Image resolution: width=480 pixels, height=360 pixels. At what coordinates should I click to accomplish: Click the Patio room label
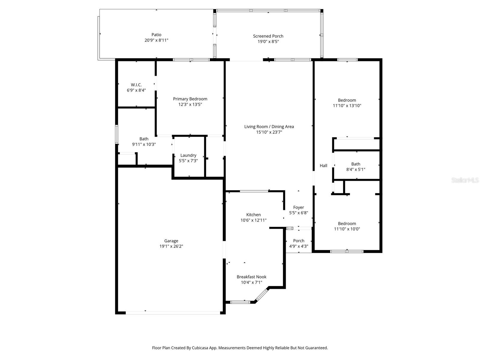[156, 35]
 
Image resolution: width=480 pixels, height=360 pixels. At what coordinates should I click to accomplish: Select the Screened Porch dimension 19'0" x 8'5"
[268, 42]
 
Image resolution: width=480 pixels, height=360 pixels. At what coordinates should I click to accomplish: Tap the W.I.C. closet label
[136, 85]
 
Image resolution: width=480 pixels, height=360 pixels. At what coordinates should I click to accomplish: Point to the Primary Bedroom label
[190, 99]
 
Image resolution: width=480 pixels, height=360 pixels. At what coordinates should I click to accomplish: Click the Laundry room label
[188, 155]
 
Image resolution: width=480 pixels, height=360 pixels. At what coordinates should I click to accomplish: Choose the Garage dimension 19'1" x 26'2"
[171, 246]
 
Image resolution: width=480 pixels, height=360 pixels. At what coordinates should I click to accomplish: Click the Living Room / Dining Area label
[269, 127]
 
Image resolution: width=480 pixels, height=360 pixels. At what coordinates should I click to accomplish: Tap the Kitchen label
[253, 215]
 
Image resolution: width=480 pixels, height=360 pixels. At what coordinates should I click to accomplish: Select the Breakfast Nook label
[251, 277]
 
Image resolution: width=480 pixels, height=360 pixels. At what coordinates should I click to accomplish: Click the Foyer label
[298, 208]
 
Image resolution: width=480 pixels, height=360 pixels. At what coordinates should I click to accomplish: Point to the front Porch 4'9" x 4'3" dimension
[298, 246]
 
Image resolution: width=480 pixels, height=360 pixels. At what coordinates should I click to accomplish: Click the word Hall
[323, 166]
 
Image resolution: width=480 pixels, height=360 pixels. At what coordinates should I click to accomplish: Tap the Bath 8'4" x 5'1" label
[355, 164]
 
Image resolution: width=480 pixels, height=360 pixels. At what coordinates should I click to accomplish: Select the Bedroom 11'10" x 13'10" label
[347, 100]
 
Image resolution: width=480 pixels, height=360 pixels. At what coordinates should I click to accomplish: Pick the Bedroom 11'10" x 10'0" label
[347, 223]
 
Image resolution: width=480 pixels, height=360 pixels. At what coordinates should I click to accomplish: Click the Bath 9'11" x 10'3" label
[144, 139]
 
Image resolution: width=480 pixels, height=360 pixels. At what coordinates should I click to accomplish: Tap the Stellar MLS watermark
[465, 180]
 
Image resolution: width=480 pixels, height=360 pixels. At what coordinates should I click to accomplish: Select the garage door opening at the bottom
[173, 313]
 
